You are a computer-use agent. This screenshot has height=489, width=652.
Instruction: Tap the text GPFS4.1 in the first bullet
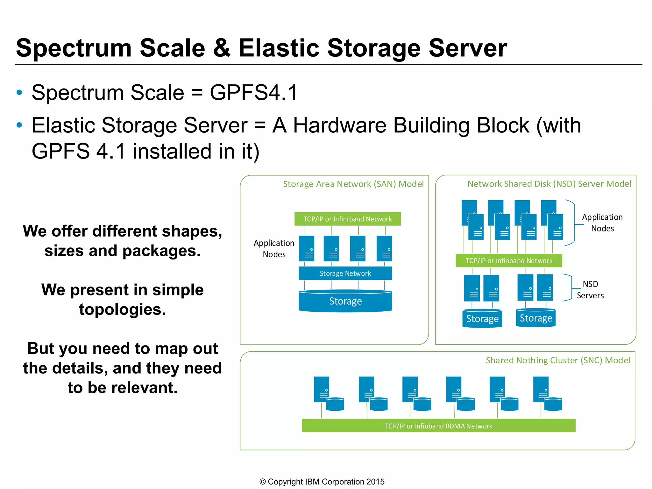254,93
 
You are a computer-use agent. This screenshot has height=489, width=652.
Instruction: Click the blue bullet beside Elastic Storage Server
19,125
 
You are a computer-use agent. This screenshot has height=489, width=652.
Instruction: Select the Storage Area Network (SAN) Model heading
353,184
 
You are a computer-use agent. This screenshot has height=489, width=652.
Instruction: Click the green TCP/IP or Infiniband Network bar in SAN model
347,219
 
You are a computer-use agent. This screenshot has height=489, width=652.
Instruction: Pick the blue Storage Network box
345,273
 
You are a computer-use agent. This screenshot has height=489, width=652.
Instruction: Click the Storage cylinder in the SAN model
345,301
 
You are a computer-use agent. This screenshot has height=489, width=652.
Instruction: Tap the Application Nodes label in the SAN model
274,249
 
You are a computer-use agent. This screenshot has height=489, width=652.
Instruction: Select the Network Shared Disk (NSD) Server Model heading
549,184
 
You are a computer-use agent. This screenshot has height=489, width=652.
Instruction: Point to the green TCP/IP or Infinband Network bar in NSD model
509,261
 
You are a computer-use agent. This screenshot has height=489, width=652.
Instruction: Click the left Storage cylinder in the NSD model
482,319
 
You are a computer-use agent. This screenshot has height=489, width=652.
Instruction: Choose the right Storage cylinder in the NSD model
536,318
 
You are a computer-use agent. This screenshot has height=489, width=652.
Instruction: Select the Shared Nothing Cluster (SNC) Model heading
557,360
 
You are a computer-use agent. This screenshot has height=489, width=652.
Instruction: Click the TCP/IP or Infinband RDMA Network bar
438,426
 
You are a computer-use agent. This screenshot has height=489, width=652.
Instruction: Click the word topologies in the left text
122,309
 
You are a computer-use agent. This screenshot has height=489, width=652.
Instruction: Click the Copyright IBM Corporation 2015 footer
322,482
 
